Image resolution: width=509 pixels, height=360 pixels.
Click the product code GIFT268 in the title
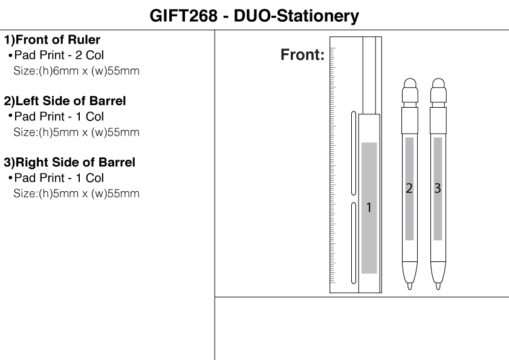click(183, 16)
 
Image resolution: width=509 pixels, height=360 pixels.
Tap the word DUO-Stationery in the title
click(296, 16)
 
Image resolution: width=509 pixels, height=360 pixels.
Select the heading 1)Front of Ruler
click(52, 40)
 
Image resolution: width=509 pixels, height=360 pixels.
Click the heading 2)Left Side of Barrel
click(65, 101)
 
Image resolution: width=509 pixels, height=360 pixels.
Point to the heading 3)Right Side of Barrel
click(70, 163)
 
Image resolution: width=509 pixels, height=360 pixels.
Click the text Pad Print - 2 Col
click(59, 55)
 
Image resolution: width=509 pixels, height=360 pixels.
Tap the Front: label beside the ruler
click(302, 54)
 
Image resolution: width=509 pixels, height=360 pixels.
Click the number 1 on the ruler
click(369, 208)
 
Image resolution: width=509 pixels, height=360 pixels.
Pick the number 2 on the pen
click(409, 188)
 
